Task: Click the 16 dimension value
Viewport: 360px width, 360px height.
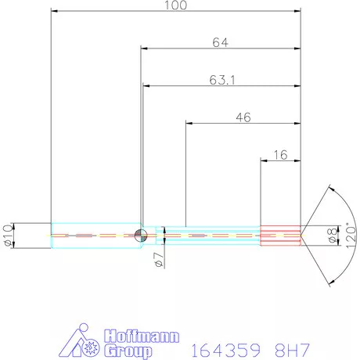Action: (280, 155)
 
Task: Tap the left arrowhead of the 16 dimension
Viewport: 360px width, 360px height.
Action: (264, 162)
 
